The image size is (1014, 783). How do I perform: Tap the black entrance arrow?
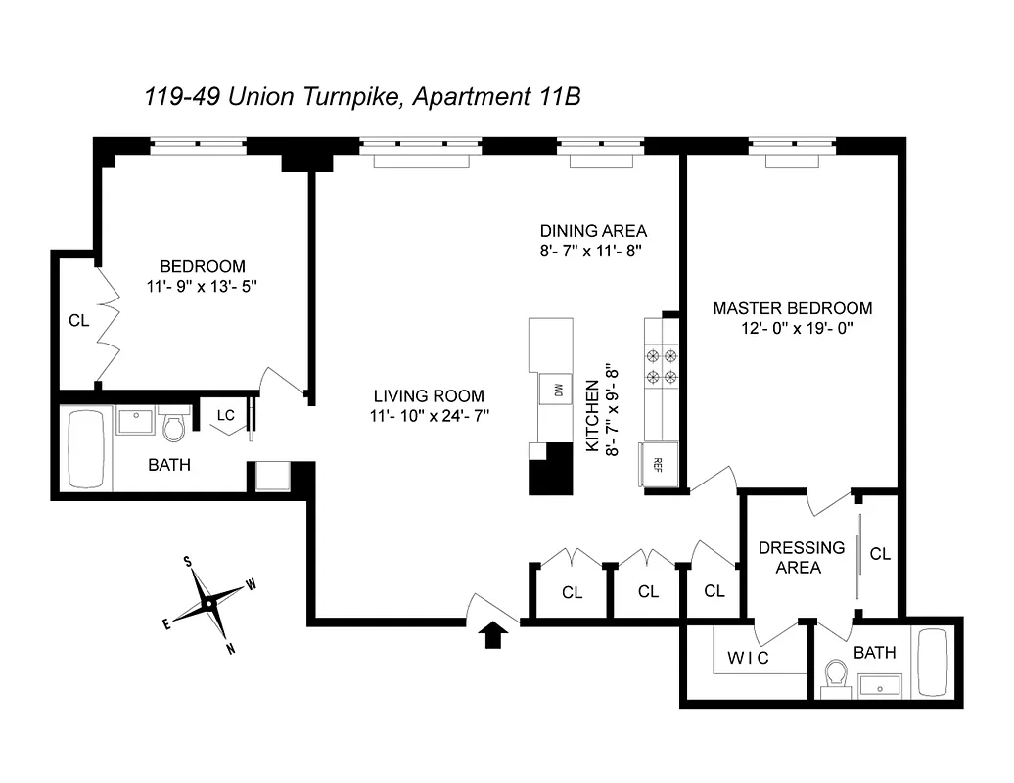point(496,635)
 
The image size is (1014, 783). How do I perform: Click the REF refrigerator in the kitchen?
point(658,463)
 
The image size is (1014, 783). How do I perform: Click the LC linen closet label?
point(226,415)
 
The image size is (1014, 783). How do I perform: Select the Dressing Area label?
point(802,557)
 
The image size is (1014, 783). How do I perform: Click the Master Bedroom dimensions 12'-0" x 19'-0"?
point(793,329)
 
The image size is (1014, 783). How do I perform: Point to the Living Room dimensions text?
point(429,416)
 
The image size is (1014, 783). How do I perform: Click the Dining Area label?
point(593,231)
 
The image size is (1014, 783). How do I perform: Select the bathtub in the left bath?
point(86,448)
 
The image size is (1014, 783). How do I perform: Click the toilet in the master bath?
point(836,674)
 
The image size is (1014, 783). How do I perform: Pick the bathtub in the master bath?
point(932,663)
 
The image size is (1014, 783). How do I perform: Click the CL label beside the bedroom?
point(78,320)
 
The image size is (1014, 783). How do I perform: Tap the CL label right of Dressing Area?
point(880,554)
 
